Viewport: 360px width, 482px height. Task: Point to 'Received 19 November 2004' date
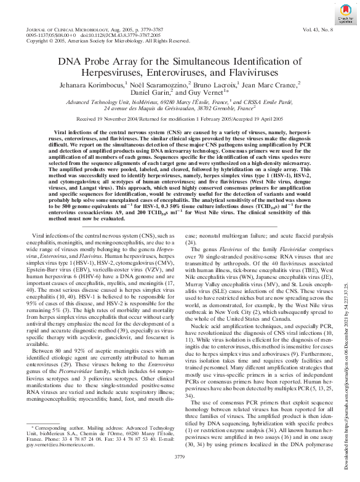pyautogui.click(x=116, y=120)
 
